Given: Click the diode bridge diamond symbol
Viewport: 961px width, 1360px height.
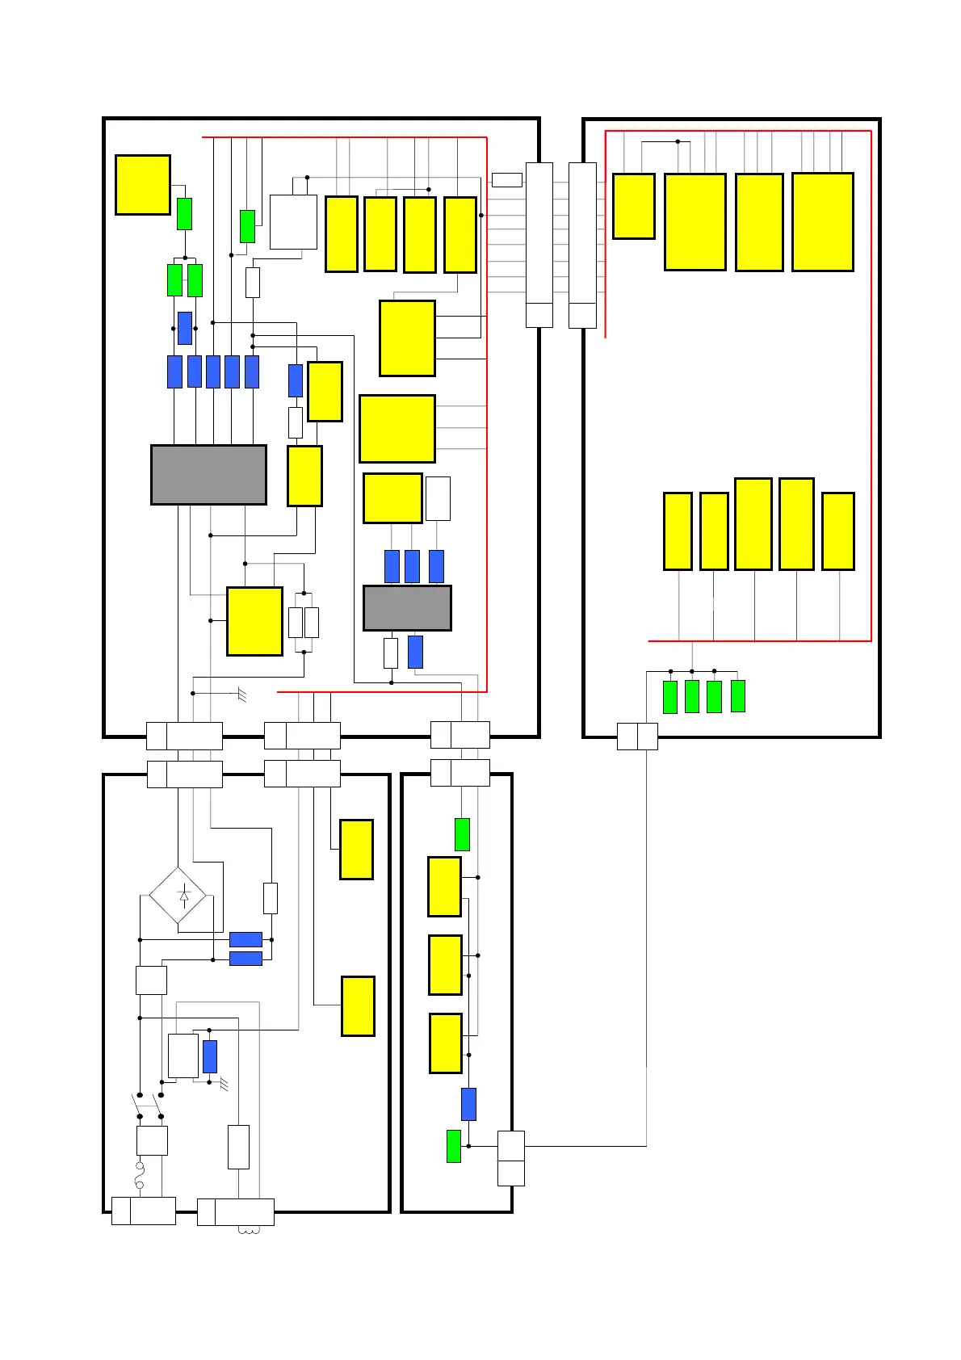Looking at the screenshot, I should pos(178,896).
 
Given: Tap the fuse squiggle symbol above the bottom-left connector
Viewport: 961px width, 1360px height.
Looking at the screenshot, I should pos(139,1175).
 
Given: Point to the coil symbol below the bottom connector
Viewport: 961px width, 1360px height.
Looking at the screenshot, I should pos(248,1232).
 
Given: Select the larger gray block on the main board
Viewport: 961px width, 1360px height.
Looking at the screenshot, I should pos(208,475).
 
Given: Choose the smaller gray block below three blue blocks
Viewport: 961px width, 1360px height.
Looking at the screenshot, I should pos(407,608).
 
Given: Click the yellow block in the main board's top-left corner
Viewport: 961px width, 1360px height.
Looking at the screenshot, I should pos(142,185).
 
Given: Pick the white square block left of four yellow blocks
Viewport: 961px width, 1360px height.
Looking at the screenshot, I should pos(293,221).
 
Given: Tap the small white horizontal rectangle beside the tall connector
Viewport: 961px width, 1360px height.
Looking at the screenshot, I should pos(506,180).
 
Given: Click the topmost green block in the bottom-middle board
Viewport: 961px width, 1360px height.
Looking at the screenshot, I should pos(462,834).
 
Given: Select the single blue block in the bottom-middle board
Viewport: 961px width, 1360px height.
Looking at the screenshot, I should pos(468,1104).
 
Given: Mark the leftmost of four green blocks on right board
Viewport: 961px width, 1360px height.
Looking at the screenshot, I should pos(669,697).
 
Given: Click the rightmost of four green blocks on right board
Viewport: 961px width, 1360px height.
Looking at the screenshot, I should pos(737,696).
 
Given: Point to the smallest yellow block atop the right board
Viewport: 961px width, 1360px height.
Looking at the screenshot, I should pos(633,206).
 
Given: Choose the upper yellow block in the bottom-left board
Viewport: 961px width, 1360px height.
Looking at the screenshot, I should pos(356,850).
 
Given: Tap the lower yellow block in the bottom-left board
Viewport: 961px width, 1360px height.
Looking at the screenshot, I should pos(358,1005).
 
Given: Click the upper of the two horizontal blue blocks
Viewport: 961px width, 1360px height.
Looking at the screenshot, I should pos(245,939).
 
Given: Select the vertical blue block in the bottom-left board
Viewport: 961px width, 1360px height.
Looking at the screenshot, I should pos(210,1056).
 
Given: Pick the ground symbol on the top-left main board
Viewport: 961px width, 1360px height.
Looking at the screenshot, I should pos(241,694).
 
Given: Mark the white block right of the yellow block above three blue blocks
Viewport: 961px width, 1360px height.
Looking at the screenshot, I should pos(438,498).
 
